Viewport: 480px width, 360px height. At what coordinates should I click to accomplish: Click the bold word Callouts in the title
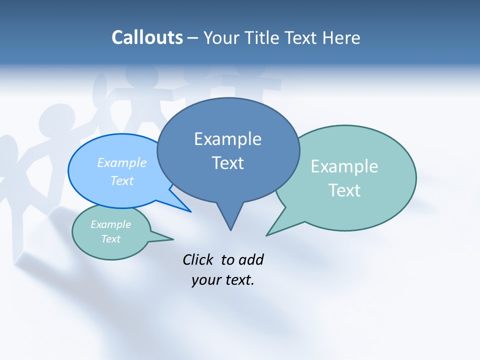pos(147,37)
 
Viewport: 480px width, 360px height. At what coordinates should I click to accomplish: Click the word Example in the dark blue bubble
pos(227,139)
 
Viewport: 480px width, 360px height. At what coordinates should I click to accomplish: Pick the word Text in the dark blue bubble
pos(227,163)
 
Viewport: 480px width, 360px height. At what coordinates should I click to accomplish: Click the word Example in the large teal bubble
pos(344,166)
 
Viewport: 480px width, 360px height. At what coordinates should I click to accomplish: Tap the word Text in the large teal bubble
pos(344,190)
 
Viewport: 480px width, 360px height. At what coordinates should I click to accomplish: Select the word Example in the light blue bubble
pos(122,162)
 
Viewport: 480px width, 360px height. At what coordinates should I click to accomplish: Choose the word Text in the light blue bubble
pos(122,180)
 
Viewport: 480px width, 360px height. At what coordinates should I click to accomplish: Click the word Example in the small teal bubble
pos(110,224)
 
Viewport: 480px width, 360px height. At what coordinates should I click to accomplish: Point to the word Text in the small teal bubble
pos(110,239)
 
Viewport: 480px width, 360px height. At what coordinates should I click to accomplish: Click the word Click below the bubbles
pos(198,259)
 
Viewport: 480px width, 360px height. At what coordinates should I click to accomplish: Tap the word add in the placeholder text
pos(251,259)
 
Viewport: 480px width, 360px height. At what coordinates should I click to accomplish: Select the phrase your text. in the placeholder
pos(223,280)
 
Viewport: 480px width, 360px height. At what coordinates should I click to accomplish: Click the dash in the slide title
pos(193,38)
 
